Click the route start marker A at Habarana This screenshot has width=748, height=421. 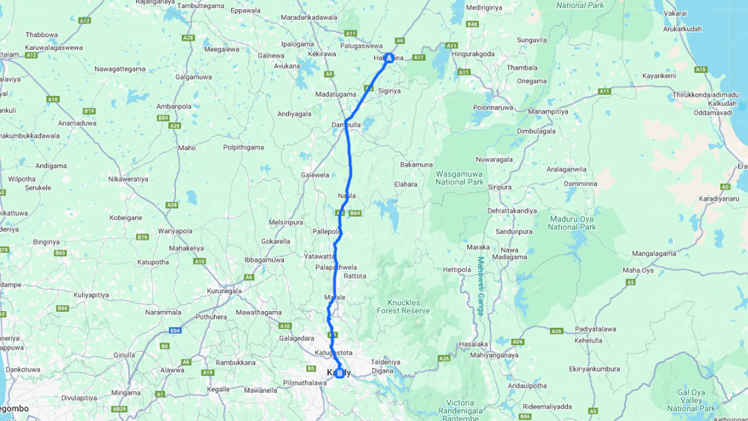(x=389, y=58)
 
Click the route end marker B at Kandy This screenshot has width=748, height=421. (x=340, y=372)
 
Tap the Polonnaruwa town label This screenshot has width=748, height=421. (x=492, y=108)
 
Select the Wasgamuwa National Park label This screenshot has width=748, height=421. (x=459, y=178)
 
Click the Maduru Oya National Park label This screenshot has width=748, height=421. (x=572, y=223)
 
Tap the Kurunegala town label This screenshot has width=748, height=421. (x=224, y=291)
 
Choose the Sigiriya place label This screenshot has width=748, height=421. (x=389, y=91)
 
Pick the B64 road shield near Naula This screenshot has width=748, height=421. (x=355, y=213)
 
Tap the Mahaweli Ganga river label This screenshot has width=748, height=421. (x=480, y=286)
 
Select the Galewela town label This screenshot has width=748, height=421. (x=315, y=175)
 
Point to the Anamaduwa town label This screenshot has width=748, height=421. (x=77, y=123)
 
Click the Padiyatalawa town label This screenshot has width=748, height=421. (x=595, y=329)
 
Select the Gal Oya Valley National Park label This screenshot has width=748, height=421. (x=691, y=401)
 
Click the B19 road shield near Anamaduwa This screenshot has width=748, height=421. (x=89, y=111)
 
